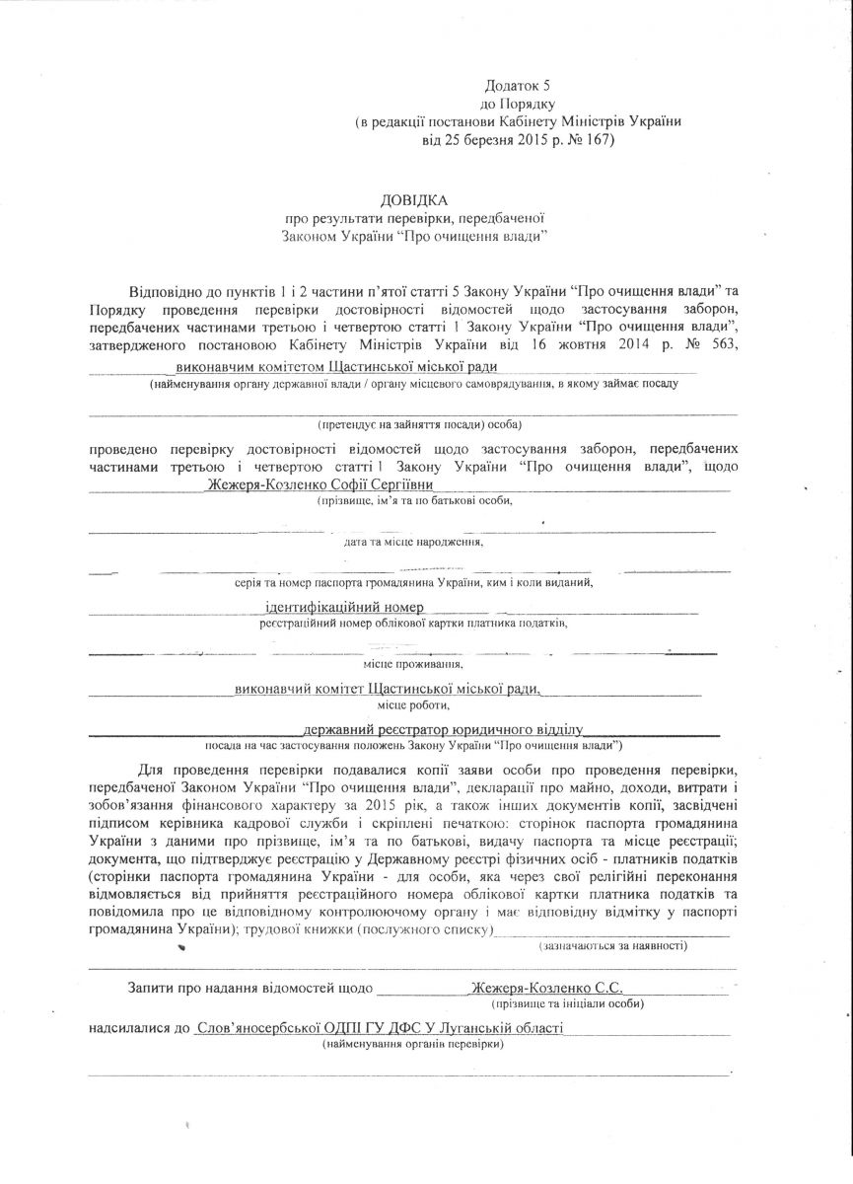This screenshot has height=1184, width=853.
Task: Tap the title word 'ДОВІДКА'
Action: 414,200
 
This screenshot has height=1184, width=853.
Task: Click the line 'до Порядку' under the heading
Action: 518,104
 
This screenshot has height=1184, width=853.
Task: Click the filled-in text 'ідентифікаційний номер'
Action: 345,607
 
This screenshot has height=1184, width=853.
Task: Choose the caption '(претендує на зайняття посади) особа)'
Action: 419,424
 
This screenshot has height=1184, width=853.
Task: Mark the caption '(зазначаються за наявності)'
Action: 613,945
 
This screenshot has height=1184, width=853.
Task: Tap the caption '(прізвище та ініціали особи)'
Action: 571,1003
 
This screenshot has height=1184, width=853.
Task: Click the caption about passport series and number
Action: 413,583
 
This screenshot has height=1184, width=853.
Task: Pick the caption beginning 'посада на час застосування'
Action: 413,746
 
